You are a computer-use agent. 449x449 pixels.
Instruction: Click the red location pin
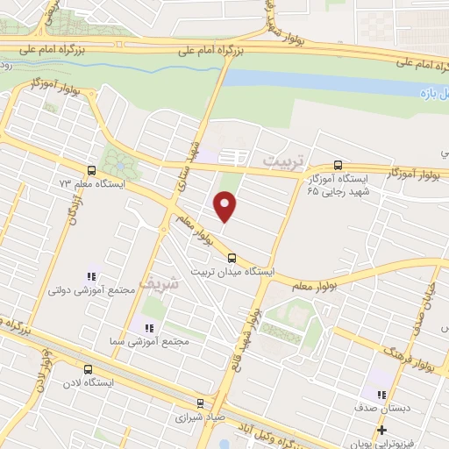click(x=225, y=206)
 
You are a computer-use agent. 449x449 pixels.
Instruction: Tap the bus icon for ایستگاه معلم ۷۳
click(x=91, y=170)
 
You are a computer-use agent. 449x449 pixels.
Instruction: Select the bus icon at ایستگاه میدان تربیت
click(x=232, y=258)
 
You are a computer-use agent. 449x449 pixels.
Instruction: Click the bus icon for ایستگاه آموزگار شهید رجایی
click(x=339, y=165)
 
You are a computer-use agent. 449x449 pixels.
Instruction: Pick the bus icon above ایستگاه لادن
click(x=86, y=369)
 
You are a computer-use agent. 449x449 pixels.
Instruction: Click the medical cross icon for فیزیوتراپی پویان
click(x=381, y=430)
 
